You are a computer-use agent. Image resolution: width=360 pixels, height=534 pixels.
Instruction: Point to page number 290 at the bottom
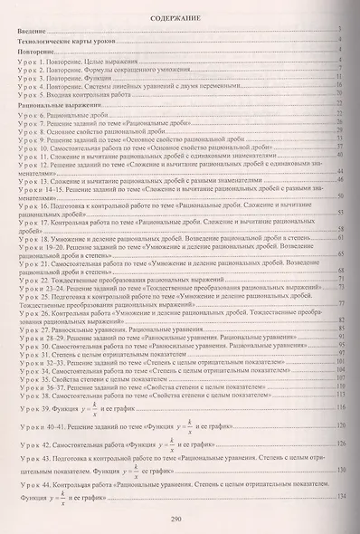(x=179, y=520)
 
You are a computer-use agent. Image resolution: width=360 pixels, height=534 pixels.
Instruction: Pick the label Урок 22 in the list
(x=34, y=281)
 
